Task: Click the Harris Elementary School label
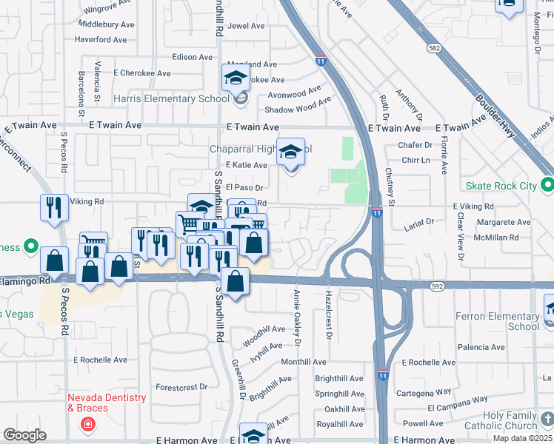(x=171, y=98)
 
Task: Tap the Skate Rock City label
(x=501, y=186)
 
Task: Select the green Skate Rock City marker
(x=547, y=184)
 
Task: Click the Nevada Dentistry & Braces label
(x=107, y=403)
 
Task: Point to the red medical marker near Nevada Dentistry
(x=87, y=425)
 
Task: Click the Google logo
(x=24, y=434)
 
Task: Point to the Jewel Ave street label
(x=247, y=26)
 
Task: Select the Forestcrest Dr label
(x=182, y=387)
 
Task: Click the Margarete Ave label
(x=504, y=222)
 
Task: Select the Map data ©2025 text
(x=522, y=438)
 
